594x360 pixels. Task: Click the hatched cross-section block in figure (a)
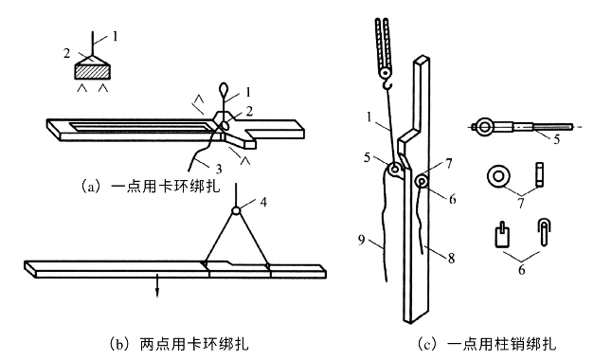click(93, 71)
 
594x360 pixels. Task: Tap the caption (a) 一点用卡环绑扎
click(151, 187)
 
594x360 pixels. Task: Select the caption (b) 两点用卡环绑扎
click(179, 344)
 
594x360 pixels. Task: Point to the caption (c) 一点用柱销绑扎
click(487, 344)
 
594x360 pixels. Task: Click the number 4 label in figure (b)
click(263, 202)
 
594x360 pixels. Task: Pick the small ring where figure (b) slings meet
click(237, 210)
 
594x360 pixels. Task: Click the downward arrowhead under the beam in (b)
click(157, 293)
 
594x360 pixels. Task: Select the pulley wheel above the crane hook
click(386, 72)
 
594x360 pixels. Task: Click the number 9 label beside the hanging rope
click(362, 240)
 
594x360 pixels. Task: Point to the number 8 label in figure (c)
click(451, 259)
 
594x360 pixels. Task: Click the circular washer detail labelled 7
click(498, 176)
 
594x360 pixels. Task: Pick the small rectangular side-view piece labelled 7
click(540, 174)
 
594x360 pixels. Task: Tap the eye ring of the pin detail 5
click(484, 127)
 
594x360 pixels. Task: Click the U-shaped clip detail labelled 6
click(544, 232)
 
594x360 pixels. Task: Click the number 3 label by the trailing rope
click(219, 169)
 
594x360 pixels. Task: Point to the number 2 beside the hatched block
click(66, 53)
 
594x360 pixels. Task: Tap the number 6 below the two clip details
click(522, 269)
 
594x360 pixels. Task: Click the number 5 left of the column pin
click(367, 157)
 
